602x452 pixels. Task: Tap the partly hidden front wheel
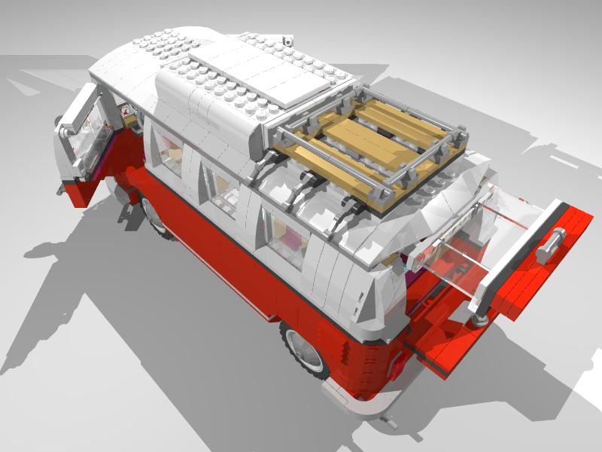pyautogui.click(x=154, y=215)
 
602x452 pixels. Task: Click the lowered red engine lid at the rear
pyautogui.click(x=444, y=339)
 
